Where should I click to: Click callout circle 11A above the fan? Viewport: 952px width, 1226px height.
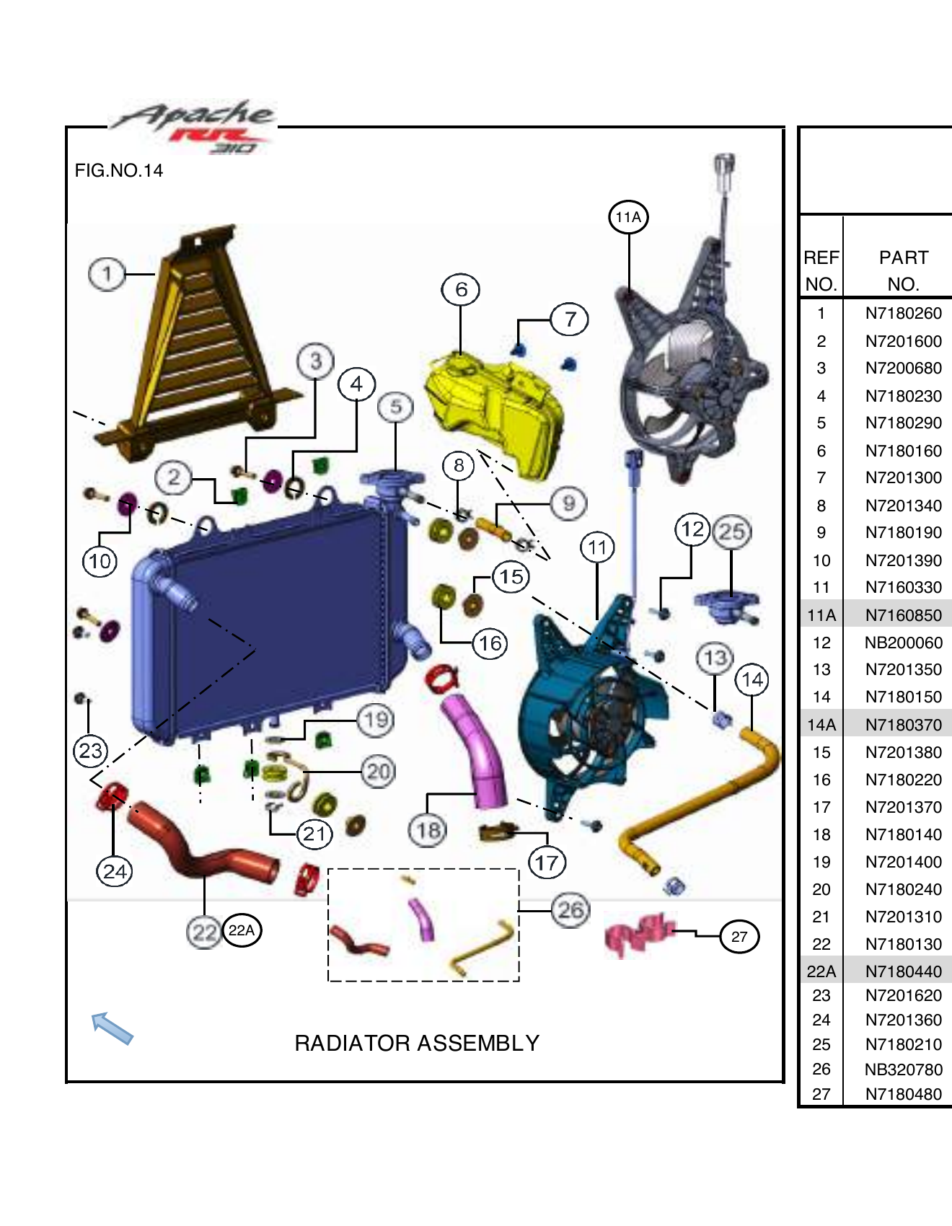(628, 217)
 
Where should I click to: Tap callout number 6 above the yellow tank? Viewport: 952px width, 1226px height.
(461, 289)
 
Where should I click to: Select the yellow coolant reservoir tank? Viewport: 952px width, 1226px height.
(498, 411)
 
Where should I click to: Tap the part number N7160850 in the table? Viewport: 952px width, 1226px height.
(903, 615)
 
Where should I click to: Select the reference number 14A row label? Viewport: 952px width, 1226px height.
(821, 725)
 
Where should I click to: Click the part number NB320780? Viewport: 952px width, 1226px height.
(903, 1070)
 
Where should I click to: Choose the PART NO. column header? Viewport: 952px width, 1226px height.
(903, 270)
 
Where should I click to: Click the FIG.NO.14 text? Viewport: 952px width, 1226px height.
(119, 171)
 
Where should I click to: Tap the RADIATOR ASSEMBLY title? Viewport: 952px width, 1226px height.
(417, 1043)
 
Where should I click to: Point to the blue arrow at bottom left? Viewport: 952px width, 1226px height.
(112, 1028)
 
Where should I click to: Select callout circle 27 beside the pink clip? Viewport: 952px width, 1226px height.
(739, 937)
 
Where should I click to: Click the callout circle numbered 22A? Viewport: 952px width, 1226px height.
(242, 930)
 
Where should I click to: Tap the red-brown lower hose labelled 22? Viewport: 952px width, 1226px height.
(202, 844)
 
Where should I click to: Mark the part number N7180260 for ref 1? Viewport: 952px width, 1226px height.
(903, 313)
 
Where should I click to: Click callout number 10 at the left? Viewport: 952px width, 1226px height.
(100, 561)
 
